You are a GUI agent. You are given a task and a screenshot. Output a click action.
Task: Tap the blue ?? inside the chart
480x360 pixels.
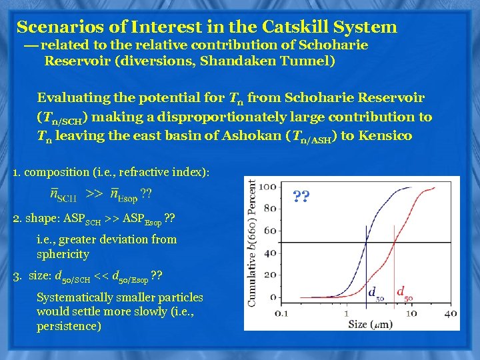301,197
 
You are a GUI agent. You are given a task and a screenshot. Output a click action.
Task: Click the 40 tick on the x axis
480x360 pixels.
451,313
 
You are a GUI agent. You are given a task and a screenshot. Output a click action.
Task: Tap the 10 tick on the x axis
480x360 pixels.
412,313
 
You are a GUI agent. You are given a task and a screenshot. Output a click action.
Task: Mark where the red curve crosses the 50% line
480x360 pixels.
394,241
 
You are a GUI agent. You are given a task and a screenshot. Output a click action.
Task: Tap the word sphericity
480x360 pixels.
63,255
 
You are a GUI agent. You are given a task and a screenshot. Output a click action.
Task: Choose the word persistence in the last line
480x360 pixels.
69,327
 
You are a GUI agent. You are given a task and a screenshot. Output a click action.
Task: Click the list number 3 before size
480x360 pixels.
16,276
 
